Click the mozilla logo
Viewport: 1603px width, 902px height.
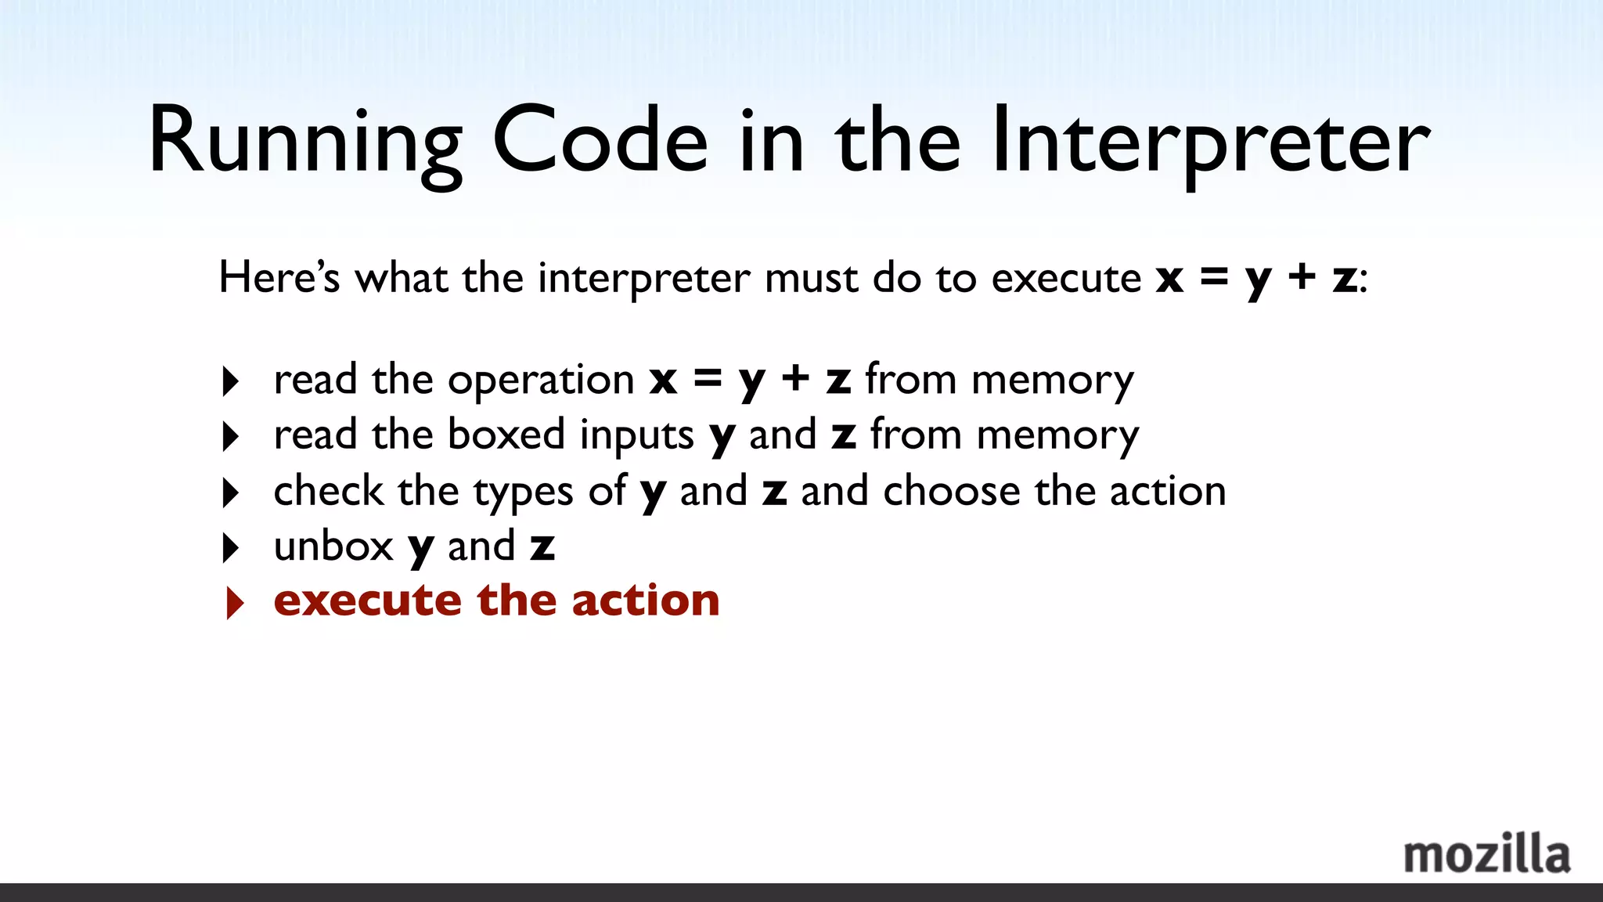(x=1486, y=854)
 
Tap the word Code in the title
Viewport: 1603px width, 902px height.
(x=600, y=141)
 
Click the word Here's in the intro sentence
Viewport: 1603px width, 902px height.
(x=279, y=277)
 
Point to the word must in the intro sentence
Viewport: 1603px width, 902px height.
(x=811, y=278)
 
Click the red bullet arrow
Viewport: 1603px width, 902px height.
(x=233, y=603)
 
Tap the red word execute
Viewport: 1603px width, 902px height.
(x=367, y=601)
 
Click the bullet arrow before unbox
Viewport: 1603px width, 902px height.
(x=230, y=548)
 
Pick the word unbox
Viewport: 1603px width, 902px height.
(x=333, y=546)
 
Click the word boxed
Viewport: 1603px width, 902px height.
(x=506, y=435)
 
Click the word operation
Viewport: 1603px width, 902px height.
(x=541, y=381)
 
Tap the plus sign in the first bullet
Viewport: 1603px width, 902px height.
(x=795, y=379)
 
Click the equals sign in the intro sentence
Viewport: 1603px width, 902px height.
(x=1214, y=276)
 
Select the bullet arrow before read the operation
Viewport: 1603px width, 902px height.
(x=230, y=381)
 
